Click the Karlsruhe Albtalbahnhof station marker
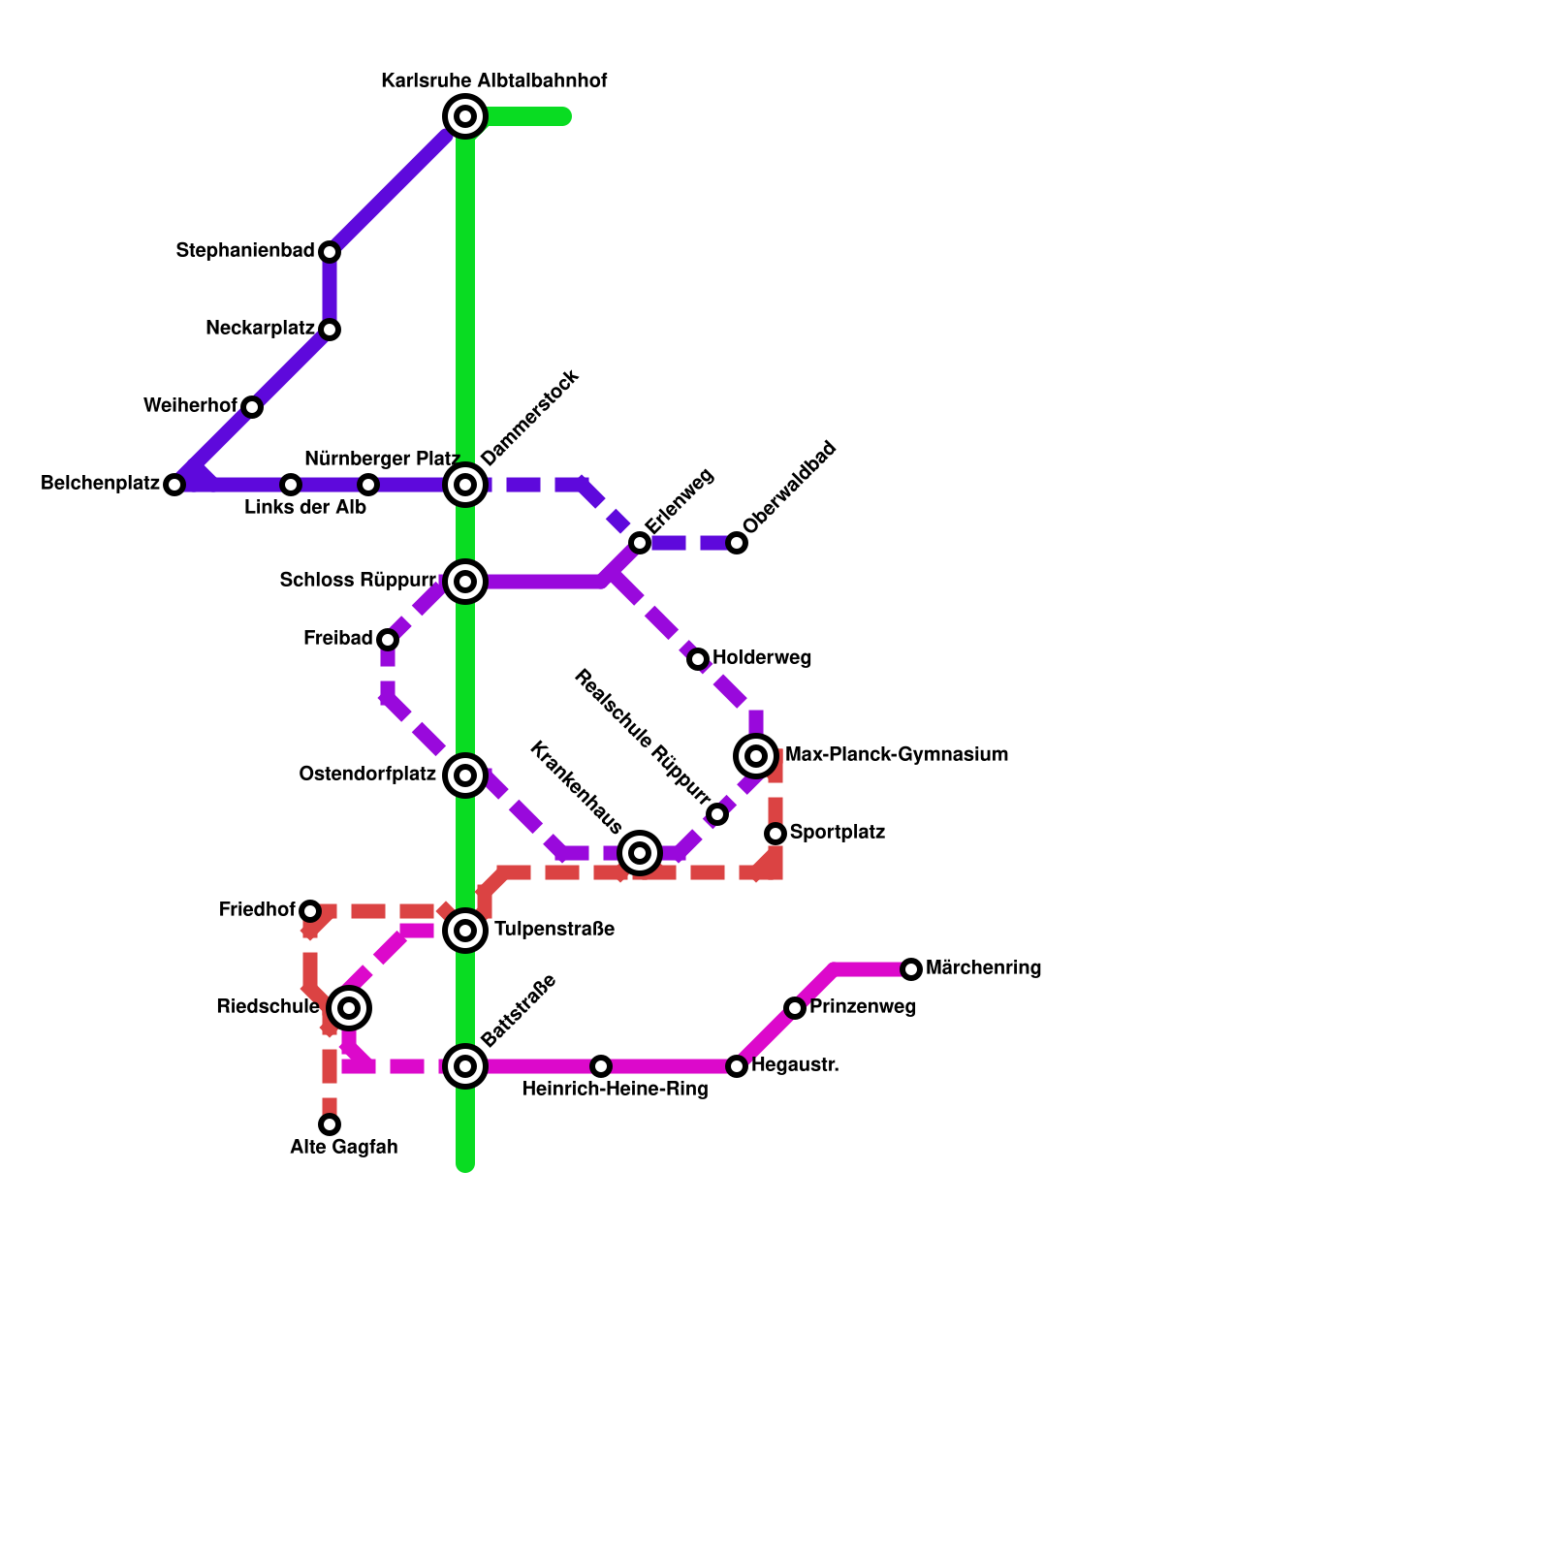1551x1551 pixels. [465, 116]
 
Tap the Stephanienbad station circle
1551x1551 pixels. [330, 252]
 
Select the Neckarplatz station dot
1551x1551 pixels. [330, 330]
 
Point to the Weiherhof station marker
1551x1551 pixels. [252, 407]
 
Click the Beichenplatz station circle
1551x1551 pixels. [174, 485]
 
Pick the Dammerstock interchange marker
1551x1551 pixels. [465, 485]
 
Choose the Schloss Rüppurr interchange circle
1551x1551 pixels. [465, 582]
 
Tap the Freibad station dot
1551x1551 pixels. [388, 640]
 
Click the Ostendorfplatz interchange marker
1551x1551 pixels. [465, 775]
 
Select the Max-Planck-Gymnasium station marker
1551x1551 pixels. [756, 756]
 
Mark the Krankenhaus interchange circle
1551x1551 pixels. [640, 853]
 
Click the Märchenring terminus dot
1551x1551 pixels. [911, 969]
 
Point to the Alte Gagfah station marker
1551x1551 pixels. [330, 1124]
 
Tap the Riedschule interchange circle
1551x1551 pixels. [349, 1008]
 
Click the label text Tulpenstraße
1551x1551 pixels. [554, 930]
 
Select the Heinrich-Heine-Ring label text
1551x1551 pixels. [615, 1090]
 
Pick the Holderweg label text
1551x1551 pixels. [762, 658]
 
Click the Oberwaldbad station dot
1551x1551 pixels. [737, 543]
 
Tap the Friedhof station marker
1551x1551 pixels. [310, 911]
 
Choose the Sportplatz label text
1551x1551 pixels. [837, 833]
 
